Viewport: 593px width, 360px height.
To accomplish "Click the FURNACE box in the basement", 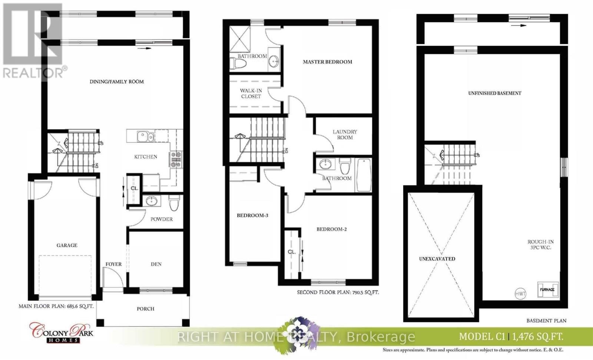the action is pyautogui.click(x=548, y=290).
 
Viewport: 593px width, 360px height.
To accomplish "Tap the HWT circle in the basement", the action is pyautogui.click(x=520, y=294).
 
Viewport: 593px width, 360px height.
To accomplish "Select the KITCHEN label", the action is pyautogui.click(x=146, y=156).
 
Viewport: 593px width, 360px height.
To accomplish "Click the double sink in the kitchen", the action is pyautogui.click(x=145, y=136).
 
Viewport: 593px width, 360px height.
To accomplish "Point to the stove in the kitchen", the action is pyautogui.click(x=176, y=159).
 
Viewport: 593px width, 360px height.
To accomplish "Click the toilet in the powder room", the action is pyautogui.click(x=174, y=203).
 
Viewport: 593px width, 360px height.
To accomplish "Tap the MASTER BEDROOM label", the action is pyautogui.click(x=328, y=62).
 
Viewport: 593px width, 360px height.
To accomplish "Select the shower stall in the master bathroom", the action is pyautogui.click(x=239, y=39).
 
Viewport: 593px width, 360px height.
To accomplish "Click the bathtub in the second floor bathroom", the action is pyautogui.click(x=364, y=175).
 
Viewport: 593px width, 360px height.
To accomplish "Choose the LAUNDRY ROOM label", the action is pyautogui.click(x=345, y=135).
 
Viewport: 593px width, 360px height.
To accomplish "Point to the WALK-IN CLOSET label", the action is pyautogui.click(x=251, y=93).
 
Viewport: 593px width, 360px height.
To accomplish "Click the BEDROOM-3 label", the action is pyautogui.click(x=252, y=215).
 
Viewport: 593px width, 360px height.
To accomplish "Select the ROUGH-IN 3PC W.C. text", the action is pyautogui.click(x=541, y=244).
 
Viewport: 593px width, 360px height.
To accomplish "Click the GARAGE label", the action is pyautogui.click(x=67, y=245).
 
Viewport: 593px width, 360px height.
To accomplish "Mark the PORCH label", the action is pyautogui.click(x=145, y=308).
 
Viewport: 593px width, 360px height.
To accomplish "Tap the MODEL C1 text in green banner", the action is pyautogui.click(x=482, y=336).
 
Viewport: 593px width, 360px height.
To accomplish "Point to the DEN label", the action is pyautogui.click(x=156, y=264).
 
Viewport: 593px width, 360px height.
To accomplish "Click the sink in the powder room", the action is pyautogui.click(x=151, y=201).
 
